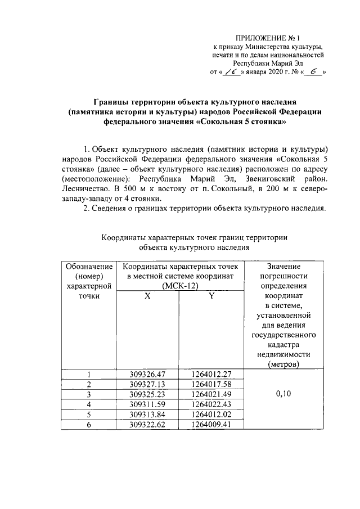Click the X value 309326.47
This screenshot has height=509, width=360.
click(147, 375)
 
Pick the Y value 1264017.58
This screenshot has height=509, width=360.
click(211, 384)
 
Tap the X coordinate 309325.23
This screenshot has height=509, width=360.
click(147, 394)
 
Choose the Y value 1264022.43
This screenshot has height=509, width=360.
click(211, 404)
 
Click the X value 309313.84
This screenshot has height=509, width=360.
click(147, 415)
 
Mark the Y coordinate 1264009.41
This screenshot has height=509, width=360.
click(211, 425)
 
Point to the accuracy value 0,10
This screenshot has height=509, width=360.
click(283, 394)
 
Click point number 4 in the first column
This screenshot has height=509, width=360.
click(89, 404)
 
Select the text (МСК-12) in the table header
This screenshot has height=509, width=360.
click(179, 286)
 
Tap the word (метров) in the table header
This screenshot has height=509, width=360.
click(283, 364)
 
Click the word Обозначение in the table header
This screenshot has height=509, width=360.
click(89, 266)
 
